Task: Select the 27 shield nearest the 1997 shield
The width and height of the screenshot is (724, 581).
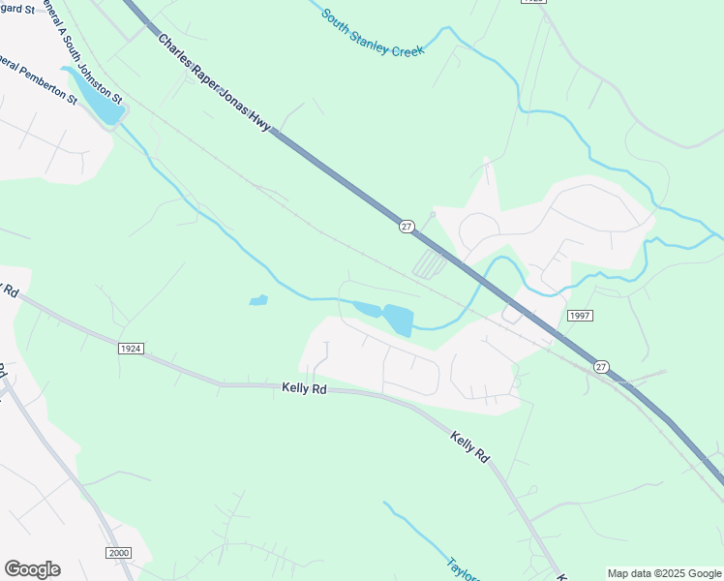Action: click(x=602, y=366)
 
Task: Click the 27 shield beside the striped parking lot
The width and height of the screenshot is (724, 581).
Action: click(x=406, y=226)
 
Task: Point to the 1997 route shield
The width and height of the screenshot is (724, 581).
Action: click(x=580, y=316)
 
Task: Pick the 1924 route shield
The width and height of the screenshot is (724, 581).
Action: click(x=132, y=348)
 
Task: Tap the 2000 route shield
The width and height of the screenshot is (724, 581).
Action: click(x=117, y=551)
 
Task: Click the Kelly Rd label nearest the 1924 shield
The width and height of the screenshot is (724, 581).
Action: click(x=304, y=387)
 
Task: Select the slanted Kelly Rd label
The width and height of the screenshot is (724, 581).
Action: click(x=470, y=444)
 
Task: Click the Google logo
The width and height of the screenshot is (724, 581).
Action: click(x=32, y=568)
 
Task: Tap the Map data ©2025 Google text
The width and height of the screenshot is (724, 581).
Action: click(x=664, y=573)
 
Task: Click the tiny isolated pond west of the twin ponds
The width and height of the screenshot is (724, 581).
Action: click(x=257, y=300)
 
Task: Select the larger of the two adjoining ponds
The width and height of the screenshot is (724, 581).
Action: click(x=398, y=320)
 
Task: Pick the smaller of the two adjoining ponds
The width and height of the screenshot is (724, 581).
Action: click(x=366, y=309)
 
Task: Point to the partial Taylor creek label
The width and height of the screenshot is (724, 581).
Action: click(x=463, y=568)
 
